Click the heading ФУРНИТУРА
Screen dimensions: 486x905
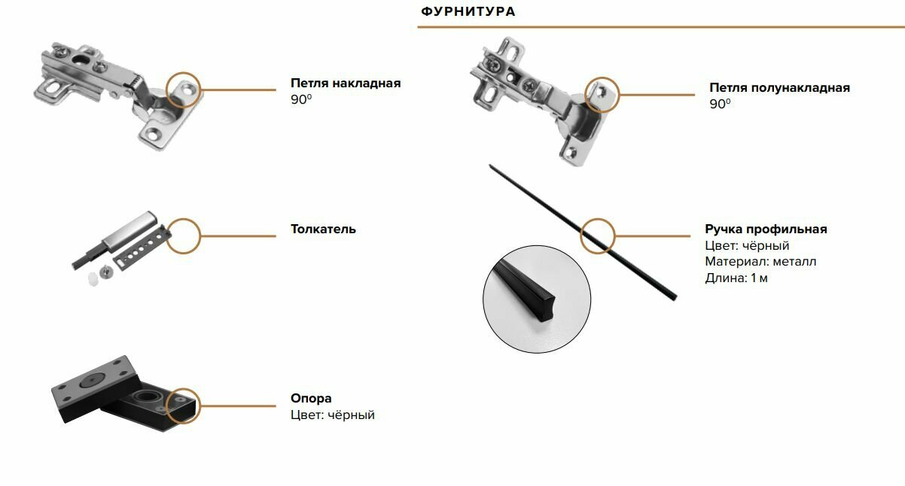point(468,12)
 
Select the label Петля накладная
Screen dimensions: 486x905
point(346,84)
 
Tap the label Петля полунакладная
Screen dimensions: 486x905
point(779,88)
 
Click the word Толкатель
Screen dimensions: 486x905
point(323,229)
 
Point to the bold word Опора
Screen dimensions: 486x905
point(311,399)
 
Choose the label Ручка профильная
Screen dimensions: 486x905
point(766,229)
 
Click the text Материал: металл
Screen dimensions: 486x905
point(760,262)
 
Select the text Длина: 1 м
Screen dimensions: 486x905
point(736,278)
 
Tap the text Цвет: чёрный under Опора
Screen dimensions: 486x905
point(332,415)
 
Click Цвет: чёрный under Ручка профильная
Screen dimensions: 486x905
point(747,246)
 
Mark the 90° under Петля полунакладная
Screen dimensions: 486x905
point(720,105)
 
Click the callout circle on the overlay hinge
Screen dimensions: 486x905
point(184,90)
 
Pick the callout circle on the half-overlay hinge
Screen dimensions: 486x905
point(602,95)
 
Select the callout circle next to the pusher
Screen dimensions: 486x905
point(183,235)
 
